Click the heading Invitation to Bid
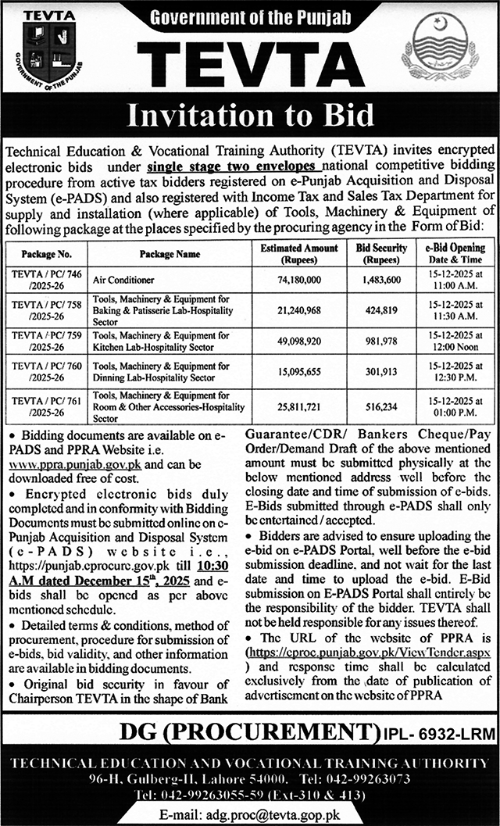pyautogui.click(x=250, y=115)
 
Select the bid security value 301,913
pyautogui.click(x=381, y=372)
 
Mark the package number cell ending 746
pyautogui.click(x=47, y=279)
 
